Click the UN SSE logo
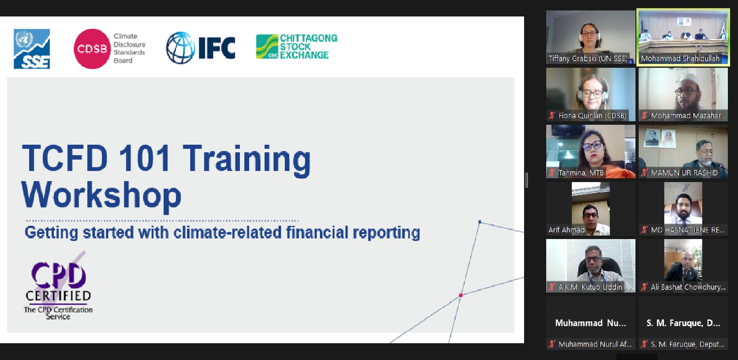point(32,49)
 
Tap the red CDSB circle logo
point(92,49)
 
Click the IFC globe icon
point(181,48)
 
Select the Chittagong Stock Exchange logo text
point(309,47)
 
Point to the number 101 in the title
point(145,158)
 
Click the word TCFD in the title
point(65,158)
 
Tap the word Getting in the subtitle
point(51,233)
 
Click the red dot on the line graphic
point(461,295)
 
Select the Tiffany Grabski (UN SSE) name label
point(588,59)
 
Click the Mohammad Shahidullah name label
point(680,59)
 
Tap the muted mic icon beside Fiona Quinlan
point(552,116)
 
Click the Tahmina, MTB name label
point(581,173)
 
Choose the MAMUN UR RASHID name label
point(684,173)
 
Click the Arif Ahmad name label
point(566,230)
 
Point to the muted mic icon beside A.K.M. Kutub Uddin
point(552,287)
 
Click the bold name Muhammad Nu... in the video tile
point(591,323)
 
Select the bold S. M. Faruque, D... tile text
point(683,323)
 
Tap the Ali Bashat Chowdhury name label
point(688,287)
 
